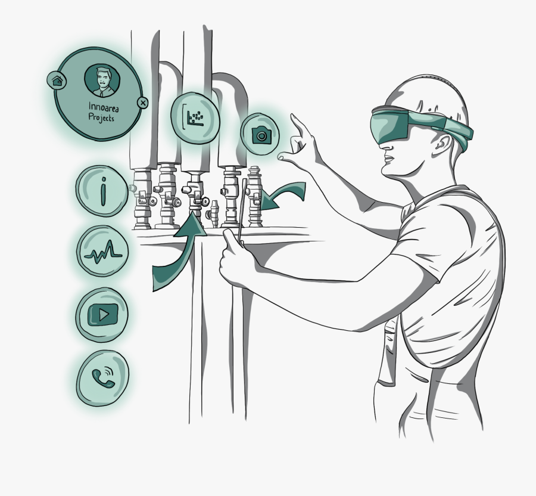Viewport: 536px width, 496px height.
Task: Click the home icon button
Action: (x=57, y=80)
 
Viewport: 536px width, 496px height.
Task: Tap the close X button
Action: (x=143, y=103)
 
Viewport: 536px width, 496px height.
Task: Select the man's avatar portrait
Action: (x=102, y=80)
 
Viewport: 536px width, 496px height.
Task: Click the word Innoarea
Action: (x=104, y=107)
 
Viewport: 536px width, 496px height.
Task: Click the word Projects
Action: (x=101, y=117)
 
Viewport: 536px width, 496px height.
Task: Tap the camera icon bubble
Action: (x=260, y=134)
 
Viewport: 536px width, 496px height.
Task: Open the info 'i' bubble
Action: (x=101, y=191)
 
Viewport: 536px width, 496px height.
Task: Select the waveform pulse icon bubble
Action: (x=102, y=251)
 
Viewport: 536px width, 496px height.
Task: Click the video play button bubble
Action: (x=102, y=314)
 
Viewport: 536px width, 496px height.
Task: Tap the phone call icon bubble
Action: (x=102, y=378)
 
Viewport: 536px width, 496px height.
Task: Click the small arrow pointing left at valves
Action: (x=283, y=194)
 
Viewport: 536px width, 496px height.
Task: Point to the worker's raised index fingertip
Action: (x=292, y=116)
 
